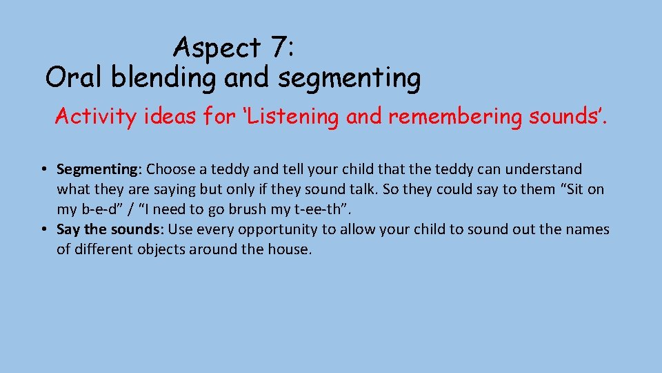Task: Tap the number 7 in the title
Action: tap(279, 48)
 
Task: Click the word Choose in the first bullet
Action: tap(171, 169)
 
